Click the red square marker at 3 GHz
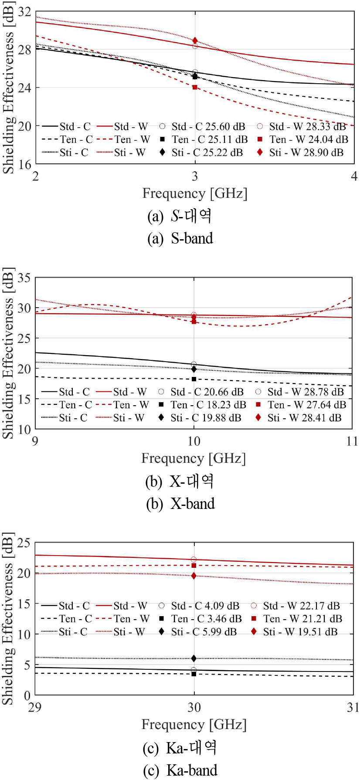click(x=195, y=88)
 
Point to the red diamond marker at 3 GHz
click(x=195, y=41)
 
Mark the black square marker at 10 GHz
click(x=194, y=379)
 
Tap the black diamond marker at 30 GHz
click(x=194, y=658)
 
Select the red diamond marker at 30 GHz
click(x=194, y=576)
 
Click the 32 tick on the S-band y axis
click(x=24, y=12)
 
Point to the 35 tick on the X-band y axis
click(x=24, y=278)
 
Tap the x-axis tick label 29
click(x=34, y=707)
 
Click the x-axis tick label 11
click(x=352, y=441)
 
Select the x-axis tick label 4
click(x=354, y=176)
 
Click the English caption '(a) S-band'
click(x=180, y=239)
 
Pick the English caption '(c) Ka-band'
click(x=180, y=770)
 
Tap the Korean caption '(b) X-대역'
click(x=180, y=482)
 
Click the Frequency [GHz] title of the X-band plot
click(x=194, y=458)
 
